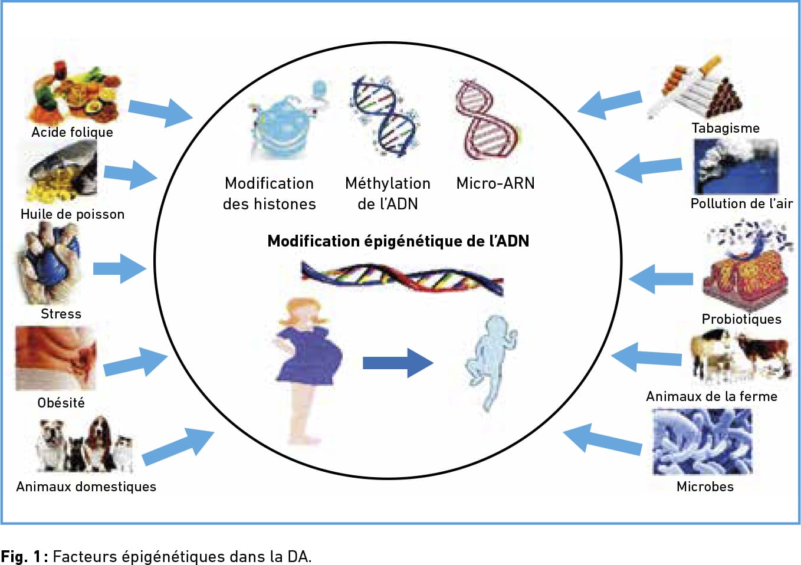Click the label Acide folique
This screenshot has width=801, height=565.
click(72, 132)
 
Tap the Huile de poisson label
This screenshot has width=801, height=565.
click(73, 214)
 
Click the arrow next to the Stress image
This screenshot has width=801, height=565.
click(120, 268)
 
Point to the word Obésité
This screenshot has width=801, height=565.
click(61, 403)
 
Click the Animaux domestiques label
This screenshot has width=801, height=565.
click(86, 487)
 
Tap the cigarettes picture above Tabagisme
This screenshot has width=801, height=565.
click(694, 88)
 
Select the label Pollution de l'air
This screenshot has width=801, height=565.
click(741, 203)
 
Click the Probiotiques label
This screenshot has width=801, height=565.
click(741, 319)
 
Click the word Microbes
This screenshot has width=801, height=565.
click(705, 487)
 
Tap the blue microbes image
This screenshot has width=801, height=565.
click(702, 442)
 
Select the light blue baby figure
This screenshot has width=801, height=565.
click(491, 363)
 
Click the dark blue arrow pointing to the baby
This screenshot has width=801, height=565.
click(398, 363)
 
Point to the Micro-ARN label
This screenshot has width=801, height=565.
click(495, 183)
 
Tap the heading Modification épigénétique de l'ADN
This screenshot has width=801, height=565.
click(398, 241)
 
